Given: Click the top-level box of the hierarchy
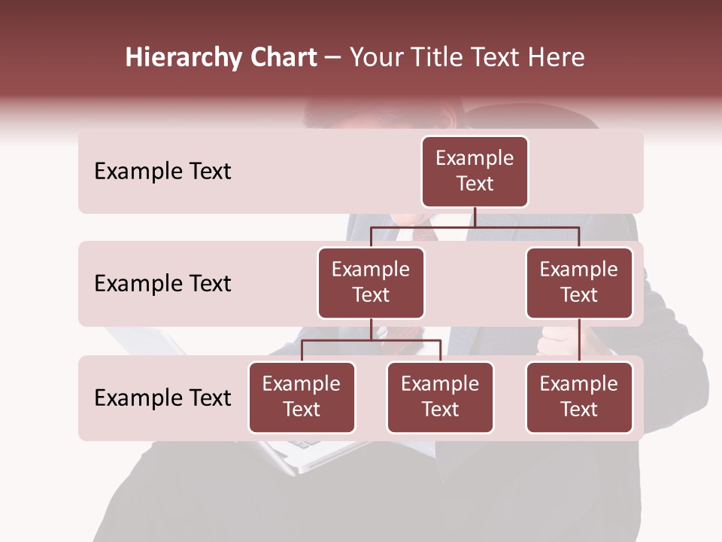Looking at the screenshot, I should tap(475, 172).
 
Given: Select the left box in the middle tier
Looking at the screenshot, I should tap(371, 283).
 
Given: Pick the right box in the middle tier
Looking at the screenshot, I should tap(579, 283).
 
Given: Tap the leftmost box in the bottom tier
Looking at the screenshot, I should tap(302, 397).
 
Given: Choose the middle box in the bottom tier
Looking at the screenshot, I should tap(440, 397).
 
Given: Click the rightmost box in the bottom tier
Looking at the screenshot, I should tap(579, 397).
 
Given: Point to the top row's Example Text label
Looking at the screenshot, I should tap(162, 172).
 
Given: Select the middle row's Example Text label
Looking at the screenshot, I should tap(162, 284).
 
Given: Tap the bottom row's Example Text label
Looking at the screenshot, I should tap(162, 398).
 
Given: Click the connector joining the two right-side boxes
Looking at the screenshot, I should tap(579, 340).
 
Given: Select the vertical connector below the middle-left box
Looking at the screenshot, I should tap(371, 330).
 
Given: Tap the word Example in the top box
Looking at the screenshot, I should tap(475, 159).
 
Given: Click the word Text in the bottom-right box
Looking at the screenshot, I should tap(579, 410).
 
